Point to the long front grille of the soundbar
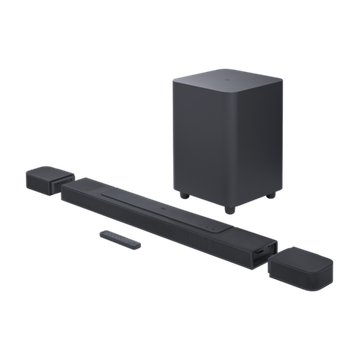point(160,217)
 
